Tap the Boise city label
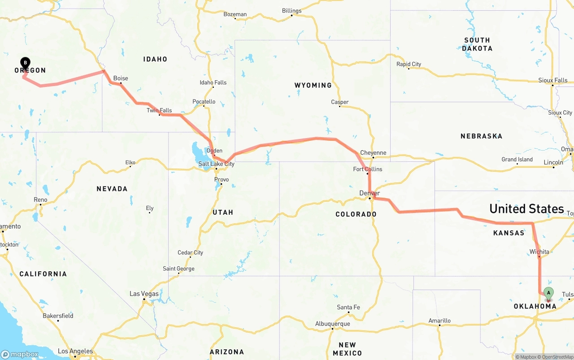[121, 78]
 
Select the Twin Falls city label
[159, 110]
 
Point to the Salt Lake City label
[216, 164]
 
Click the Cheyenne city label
[373, 153]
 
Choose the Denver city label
[370, 193]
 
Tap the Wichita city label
[539, 252]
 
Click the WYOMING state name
[313, 85]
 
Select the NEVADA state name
[112, 189]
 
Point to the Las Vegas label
[144, 294]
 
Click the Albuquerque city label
[332, 324]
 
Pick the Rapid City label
[409, 64]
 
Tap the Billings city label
[291, 11]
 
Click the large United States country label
[526, 209]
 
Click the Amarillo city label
[439, 321]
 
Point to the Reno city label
[40, 200]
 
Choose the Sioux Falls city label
[552, 81]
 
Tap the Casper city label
[339, 102]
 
